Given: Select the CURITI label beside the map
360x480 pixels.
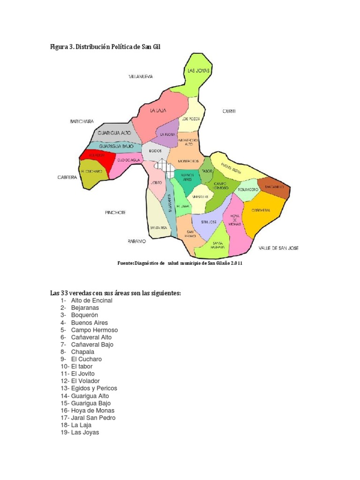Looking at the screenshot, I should [228, 111].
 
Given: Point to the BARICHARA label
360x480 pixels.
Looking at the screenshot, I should [82, 121].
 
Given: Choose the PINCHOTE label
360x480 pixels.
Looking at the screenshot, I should [115, 212].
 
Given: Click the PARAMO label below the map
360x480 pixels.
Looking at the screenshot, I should [137, 241].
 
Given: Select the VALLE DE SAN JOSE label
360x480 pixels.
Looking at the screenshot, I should [278, 247].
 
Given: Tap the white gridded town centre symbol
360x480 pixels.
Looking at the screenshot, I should [165, 165].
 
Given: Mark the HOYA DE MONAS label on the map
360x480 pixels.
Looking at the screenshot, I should [235, 220].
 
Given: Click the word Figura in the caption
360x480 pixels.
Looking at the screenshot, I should [60, 47].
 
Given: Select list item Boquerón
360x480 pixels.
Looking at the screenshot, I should [85, 315].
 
